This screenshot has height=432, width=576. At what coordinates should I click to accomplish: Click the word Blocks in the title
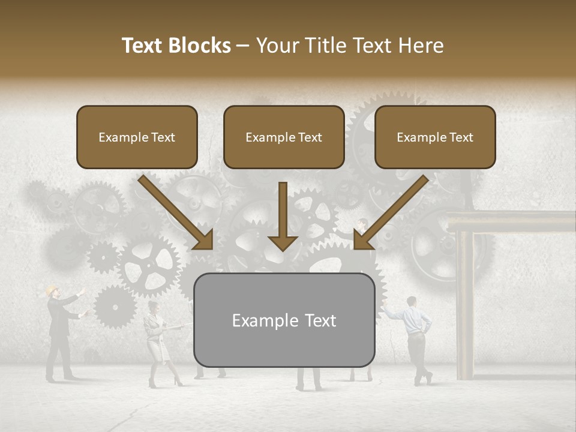(x=200, y=46)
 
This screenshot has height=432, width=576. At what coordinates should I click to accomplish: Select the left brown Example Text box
(x=137, y=137)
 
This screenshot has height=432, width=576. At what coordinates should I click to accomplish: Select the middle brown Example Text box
(x=284, y=137)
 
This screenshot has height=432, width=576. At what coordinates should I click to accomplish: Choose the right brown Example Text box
(x=435, y=137)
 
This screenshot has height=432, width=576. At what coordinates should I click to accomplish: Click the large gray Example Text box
(x=284, y=320)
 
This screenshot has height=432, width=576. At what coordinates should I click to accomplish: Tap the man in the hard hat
(x=61, y=333)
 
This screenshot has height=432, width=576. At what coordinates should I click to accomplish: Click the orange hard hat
(x=52, y=289)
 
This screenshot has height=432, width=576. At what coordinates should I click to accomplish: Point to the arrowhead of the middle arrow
(x=283, y=241)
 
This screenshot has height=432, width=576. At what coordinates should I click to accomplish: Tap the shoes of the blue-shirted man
(x=423, y=379)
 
